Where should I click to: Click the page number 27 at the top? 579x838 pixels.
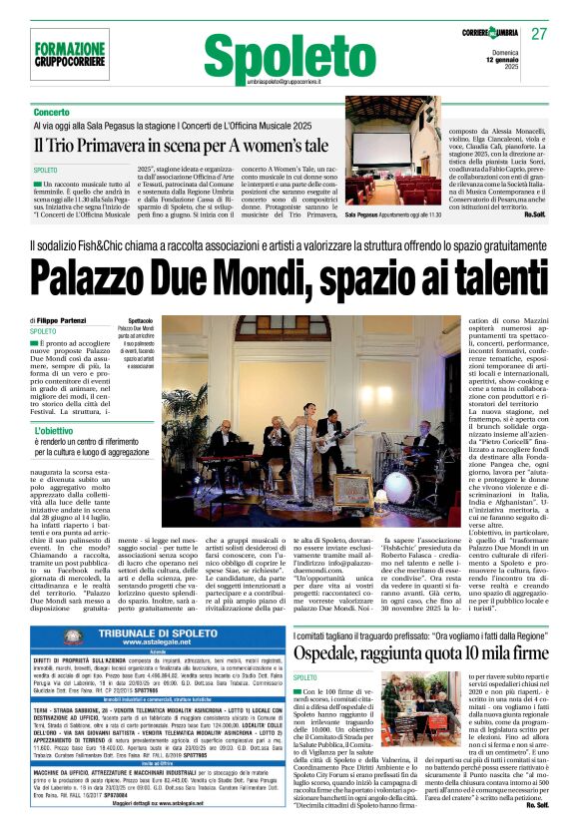pyautogui.click(x=539, y=34)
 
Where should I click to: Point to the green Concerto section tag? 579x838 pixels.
pyautogui.click(x=52, y=113)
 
